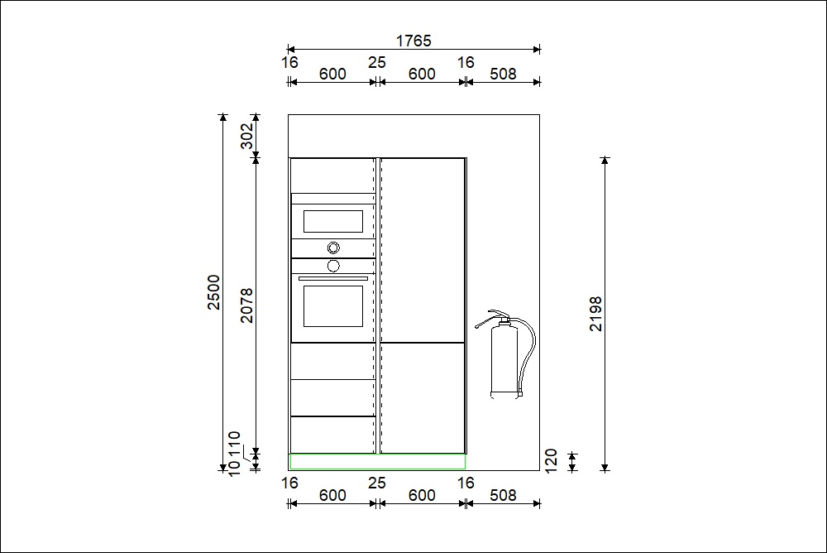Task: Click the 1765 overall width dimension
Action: [413, 41]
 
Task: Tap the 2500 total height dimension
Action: [213, 292]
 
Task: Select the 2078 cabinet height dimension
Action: [246, 305]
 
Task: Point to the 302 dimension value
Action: [246, 136]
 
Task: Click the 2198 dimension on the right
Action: [595, 314]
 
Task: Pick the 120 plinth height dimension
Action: [551, 461]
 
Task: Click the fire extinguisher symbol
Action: [505, 353]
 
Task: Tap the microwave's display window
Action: [332, 221]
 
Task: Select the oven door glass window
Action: [332, 306]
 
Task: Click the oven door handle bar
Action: [332, 278]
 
